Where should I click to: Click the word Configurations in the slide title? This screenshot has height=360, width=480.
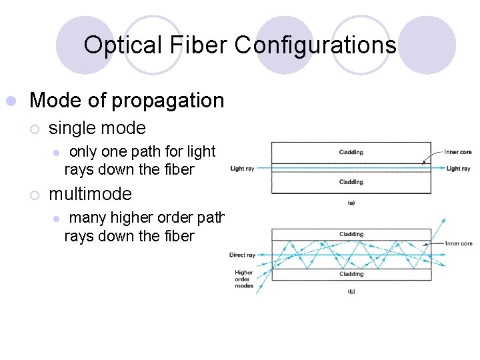click(315, 45)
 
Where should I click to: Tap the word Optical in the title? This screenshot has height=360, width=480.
click(123, 45)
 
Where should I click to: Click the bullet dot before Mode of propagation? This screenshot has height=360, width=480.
click(9, 101)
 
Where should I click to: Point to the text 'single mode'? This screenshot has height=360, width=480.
click(97, 127)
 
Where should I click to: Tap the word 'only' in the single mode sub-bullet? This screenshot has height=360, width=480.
click(82, 151)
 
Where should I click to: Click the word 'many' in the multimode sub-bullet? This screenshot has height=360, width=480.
click(86, 218)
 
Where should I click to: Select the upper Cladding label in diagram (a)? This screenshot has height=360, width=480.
click(351, 152)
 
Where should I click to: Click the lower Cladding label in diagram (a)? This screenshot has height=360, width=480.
click(351, 181)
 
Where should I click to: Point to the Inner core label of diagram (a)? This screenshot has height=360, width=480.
click(458, 152)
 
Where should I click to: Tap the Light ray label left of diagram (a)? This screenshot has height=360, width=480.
click(243, 169)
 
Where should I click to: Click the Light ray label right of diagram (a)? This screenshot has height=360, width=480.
click(458, 169)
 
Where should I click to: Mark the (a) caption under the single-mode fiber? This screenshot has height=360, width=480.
click(351, 201)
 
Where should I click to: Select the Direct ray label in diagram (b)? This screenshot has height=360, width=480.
click(242, 255)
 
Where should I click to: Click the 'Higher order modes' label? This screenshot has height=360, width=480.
click(244, 279)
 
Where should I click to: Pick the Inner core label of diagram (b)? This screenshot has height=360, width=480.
click(459, 243)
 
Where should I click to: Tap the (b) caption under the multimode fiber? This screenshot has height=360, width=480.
click(351, 292)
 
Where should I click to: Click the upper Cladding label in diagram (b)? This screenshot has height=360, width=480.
click(351, 234)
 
